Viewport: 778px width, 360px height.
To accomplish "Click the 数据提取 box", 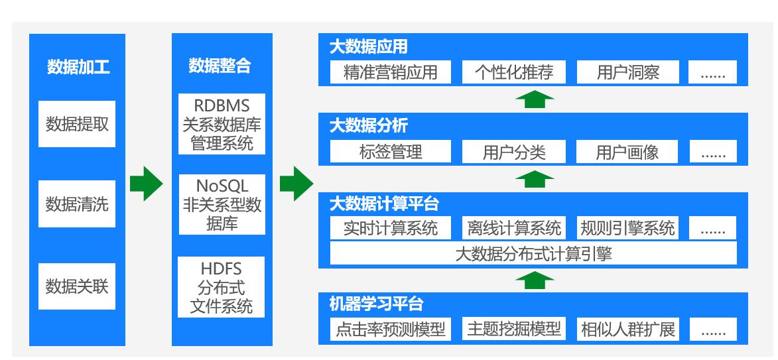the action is tap(77, 124).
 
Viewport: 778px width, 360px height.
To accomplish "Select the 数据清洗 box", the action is tap(77, 204).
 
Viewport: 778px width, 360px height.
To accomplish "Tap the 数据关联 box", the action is tap(77, 286).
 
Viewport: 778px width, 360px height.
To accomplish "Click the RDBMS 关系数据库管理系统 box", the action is tap(222, 124).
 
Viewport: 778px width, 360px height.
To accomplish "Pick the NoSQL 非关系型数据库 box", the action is tap(222, 204).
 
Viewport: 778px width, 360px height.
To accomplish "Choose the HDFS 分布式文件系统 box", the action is tap(222, 287).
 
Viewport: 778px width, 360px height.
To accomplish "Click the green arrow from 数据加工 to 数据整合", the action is tap(147, 184).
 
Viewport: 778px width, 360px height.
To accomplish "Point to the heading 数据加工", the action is tap(78, 67).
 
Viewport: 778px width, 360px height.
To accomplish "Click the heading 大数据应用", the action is tap(369, 46).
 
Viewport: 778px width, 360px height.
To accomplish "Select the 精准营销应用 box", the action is tap(391, 72).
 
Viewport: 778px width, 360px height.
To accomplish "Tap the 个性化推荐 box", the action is tap(513, 72).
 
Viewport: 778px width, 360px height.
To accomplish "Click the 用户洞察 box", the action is tap(627, 72).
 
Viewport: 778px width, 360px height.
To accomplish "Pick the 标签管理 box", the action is tap(391, 152).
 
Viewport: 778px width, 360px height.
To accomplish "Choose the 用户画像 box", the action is tap(627, 152).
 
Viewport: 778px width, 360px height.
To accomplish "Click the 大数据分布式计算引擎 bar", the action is tap(533, 254).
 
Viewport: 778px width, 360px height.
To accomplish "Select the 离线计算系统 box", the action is tap(514, 228).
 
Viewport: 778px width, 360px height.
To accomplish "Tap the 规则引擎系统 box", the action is tap(627, 228).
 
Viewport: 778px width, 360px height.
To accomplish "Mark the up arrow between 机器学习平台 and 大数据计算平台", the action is tap(535, 280).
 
